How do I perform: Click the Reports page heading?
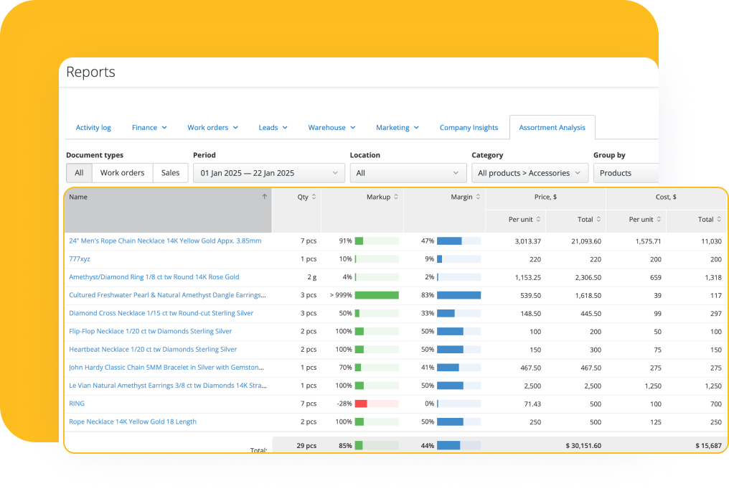click(x=90, y=72)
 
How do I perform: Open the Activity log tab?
click(x=93, y=128)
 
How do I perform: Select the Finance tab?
click(x=149, y=128)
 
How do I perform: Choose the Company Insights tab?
click(x=469, y=128)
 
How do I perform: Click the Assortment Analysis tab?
click(x=552, y=128)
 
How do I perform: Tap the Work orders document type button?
click(x=122, y=173)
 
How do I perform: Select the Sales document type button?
click(x=170, y=173)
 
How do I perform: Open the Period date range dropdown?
click(x=268, y=173)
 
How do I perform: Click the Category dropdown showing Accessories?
click(x=530, y=173)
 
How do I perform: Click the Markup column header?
click(x=379, y=197)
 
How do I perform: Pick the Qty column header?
click(x=303, y=197)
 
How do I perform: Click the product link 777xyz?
click(x=80, y=259)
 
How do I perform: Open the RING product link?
click(x=77, y=404)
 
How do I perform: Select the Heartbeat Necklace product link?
click(x=153, y=350)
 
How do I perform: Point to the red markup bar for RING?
click(x=361, y=404)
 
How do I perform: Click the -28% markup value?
click(x=344, y=404)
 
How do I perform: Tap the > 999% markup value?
click(x=341, y=295)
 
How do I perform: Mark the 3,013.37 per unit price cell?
click(x=527, y=241)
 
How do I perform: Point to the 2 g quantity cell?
click(x=309, y=277)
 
